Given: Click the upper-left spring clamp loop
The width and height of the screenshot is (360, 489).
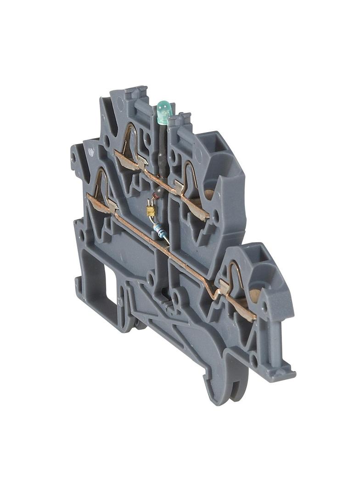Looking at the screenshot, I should [x=130, y=140].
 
